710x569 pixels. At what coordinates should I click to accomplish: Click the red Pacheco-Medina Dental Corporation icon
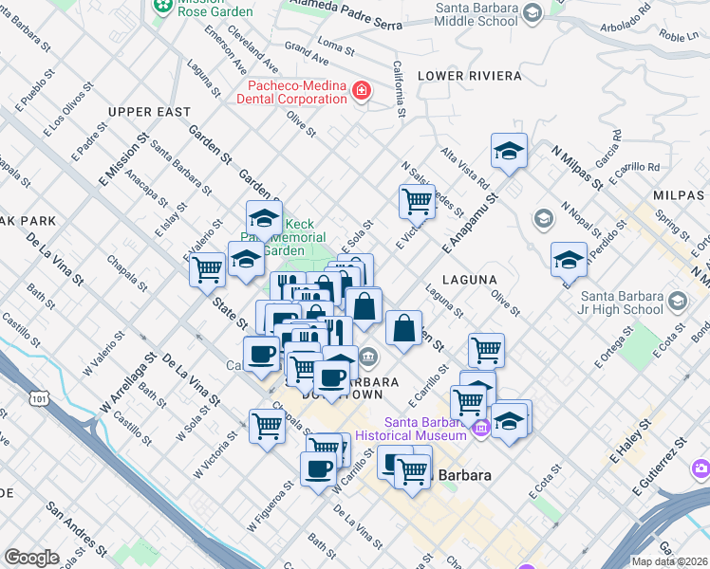[x=361, y=91]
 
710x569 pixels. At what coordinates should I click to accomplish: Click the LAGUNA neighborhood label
[x=476, y=280]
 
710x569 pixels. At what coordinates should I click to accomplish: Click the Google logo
[x=31, y=558]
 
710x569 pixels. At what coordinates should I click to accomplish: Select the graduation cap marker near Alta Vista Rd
[x=509, y=151]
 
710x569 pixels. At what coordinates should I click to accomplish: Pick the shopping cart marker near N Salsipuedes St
[x=417, y=200]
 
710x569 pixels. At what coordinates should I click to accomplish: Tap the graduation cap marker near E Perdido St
[x=569, y=259]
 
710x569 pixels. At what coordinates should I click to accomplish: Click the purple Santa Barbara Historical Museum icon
[x=481, y=429]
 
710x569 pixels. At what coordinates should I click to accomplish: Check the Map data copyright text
[x=669, y=561]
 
